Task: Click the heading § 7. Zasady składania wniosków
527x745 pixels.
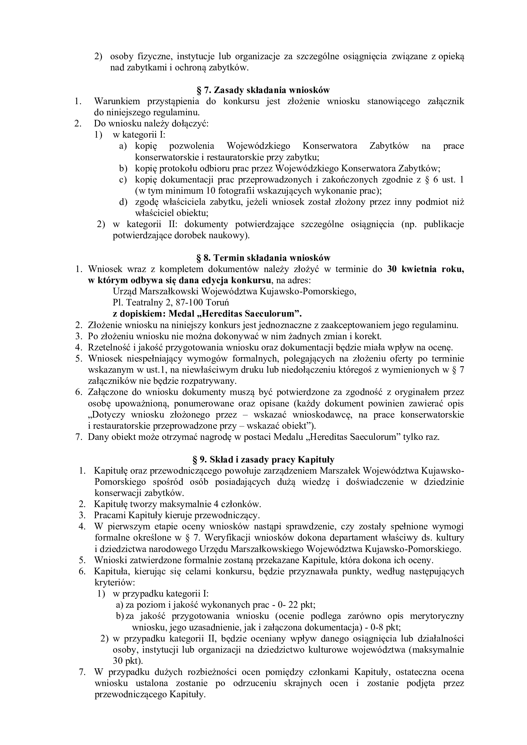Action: click(x=263, y=90)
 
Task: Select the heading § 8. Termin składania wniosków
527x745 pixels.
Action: click(x=263, y=258)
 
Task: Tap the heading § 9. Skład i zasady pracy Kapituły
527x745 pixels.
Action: click(x=263, y=460)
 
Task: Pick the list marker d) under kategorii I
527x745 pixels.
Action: click(x=123, y=202)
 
